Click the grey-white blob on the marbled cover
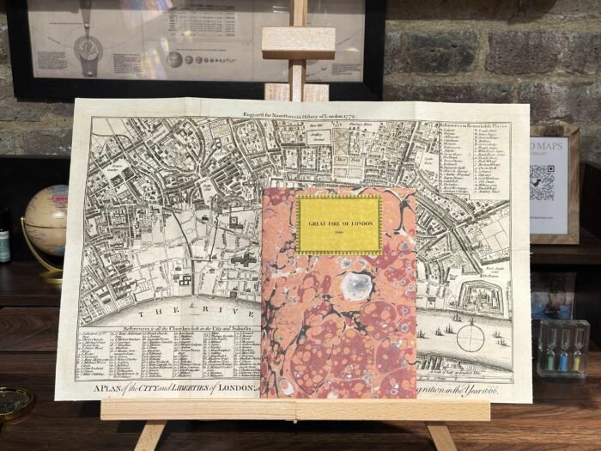pos(355,284)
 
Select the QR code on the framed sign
pos(542,182)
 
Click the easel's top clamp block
pos(297,42)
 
